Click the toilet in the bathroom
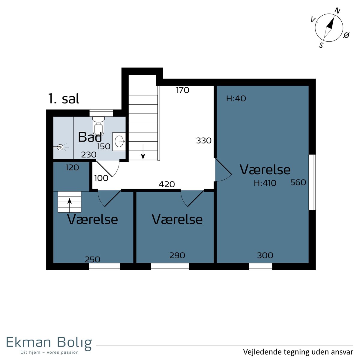(x=98, y=126)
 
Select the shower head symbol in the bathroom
(x=60, y=147)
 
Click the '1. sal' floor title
(x=64, y=99)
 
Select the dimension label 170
(x=182, y=90)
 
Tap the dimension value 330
(x=204, y=140)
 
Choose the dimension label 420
(x=166, y=184)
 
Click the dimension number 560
(x=298, y=182)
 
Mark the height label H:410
(x=265, y=183)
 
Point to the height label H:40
(x=236, y=98)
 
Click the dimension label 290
(x=177, y=255)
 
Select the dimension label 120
(x=72, y=168)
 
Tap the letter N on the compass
(x=337, y=11)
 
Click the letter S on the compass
(x=321, y=45)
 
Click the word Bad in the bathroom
(x=90, y=137)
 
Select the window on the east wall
(x=312, y=182)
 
